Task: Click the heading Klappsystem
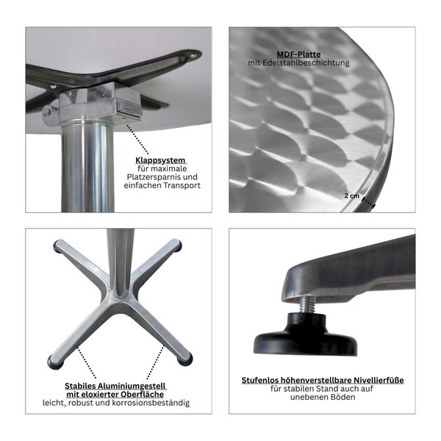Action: pos(159,160)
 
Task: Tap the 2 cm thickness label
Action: pos(354,196)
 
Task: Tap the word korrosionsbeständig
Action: pos(153,403)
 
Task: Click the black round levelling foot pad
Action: pos(304,343)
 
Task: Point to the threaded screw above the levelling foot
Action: pos(306,304)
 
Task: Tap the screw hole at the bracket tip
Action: pos(193,55)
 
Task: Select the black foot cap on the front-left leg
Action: pos(54,362)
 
